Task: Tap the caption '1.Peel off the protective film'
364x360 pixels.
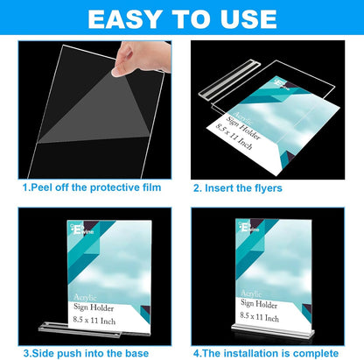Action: [x=91, y=187]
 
